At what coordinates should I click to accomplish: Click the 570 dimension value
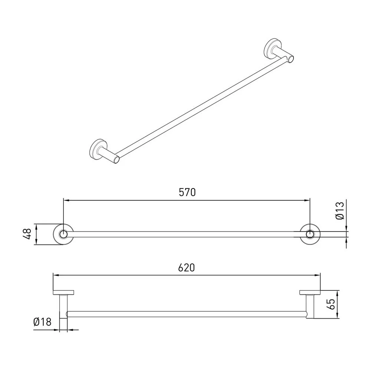pos(187,192)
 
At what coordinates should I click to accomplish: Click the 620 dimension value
pos(187,267)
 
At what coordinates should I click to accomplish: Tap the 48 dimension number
pos(28,234)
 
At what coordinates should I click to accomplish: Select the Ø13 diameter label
pos(340,211)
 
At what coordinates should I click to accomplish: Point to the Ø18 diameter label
pos(42,322)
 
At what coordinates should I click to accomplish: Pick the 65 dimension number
pos(331,304)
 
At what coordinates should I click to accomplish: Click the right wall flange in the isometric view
pos(272,47)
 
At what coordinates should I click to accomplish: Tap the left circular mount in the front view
pos(63,234)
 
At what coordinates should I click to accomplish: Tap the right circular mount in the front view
pos(310,234)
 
